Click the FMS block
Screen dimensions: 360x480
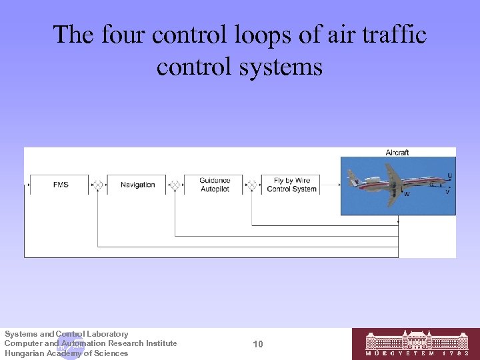coord(61,185)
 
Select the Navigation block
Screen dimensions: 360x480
coord(137,185)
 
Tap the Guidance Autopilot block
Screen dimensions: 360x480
coord(215,185)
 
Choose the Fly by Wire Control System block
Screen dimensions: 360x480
coord(291,185)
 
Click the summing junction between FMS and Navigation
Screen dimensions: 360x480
coord(98,185)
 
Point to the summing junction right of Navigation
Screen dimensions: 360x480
coord(175,185)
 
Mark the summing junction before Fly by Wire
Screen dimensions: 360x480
coord(252,185)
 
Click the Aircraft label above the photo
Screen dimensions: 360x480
coord(397,153)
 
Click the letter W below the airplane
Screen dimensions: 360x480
coord(407,194)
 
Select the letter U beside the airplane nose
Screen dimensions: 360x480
coord(449,176)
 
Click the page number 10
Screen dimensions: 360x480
coord(258,344)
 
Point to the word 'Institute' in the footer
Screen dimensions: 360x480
coord(160,343)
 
